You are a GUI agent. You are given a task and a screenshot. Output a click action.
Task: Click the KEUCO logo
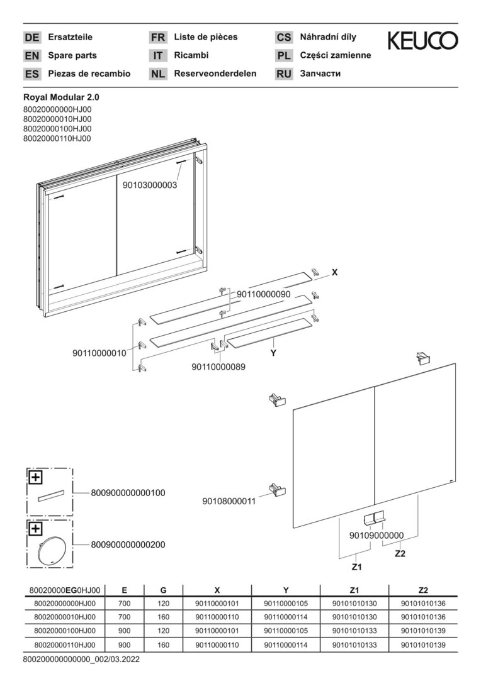pyautogui.click(x=422, y=41)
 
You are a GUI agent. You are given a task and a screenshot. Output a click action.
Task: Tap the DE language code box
pyautogui.click(x=31, y=38)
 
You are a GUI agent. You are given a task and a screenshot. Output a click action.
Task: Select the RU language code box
pyautogui.click(x=284, y=74)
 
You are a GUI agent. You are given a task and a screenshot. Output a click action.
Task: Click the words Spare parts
pyautogui.click(x=72, y=55)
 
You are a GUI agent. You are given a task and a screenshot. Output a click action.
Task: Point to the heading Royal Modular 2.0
pyautogui.click(x=61, y=97)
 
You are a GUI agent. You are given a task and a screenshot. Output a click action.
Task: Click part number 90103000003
pyautogui.click(x=150, y=185)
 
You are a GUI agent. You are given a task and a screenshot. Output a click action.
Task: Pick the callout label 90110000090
pyautogui.click(x=263, y=294)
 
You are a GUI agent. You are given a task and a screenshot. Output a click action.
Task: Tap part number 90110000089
pyautogui.click(x=218, y=366)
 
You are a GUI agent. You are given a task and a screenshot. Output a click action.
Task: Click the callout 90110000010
pyautogui.click(x=99, y=353)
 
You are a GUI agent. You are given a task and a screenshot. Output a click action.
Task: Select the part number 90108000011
pyautogui.click(x=229, y=501)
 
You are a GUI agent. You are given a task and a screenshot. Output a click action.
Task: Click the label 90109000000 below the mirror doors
pyautogui.click(x=376, y=535)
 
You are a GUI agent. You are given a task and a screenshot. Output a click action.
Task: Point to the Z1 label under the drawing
pyautogui.click(x=356, y=566)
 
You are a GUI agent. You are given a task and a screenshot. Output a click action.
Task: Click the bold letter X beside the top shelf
pyautogui.click(x=334, y=272)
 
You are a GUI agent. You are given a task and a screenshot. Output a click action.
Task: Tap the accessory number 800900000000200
pyautogui.click(x=128, y=544)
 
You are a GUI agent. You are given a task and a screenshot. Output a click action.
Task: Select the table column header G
pyautogui.click(x=163, y=590)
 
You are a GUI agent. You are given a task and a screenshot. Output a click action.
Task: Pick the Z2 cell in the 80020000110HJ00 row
pyautogui.click(x=422, y=644)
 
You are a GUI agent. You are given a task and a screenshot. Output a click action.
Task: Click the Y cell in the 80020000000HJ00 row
pyautogui.click(x=286, y=604)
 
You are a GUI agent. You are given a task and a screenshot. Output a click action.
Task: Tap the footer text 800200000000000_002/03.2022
pyautogui.click(x=81, y=660)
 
